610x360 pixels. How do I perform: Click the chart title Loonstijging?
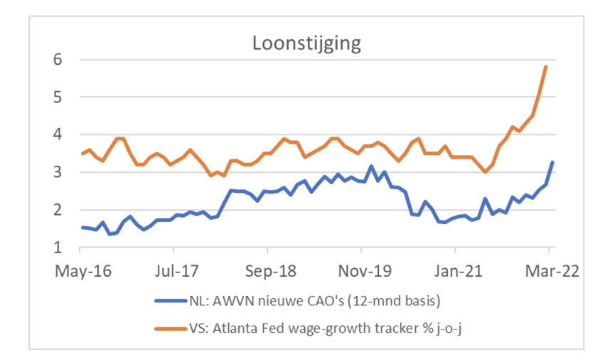306,43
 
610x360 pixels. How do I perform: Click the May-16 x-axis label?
80,270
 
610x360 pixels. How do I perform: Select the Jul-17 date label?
173,270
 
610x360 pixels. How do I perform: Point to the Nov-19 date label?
361,270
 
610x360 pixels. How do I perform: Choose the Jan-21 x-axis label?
455,270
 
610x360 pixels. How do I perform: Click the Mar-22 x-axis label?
549,270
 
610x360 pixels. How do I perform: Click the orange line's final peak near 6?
545,66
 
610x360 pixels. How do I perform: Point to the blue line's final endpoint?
552,162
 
